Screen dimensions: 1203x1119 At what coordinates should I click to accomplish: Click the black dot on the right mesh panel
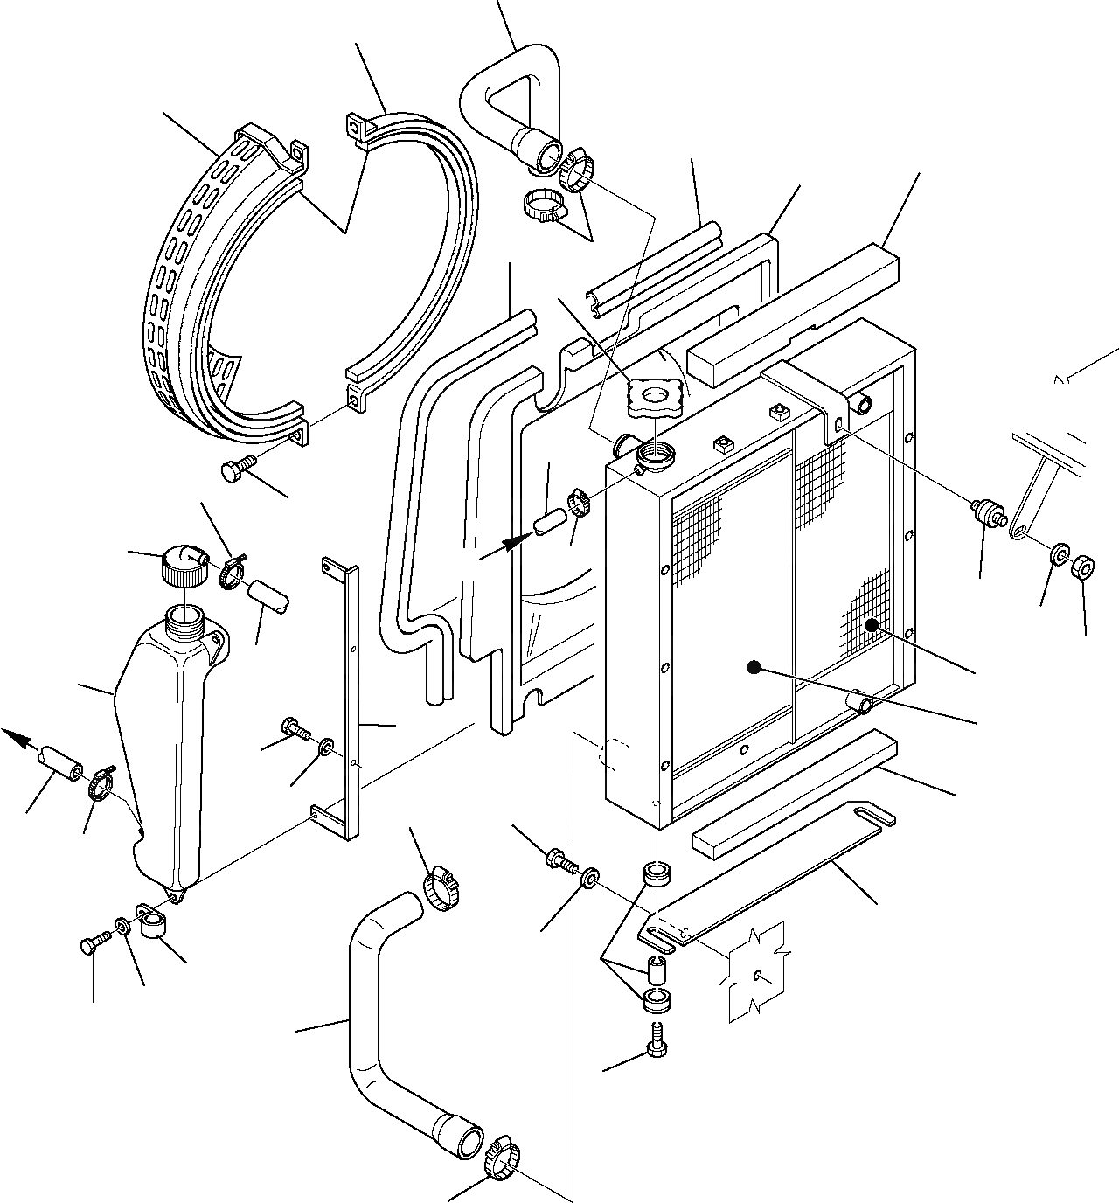(x=871, y=624)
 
